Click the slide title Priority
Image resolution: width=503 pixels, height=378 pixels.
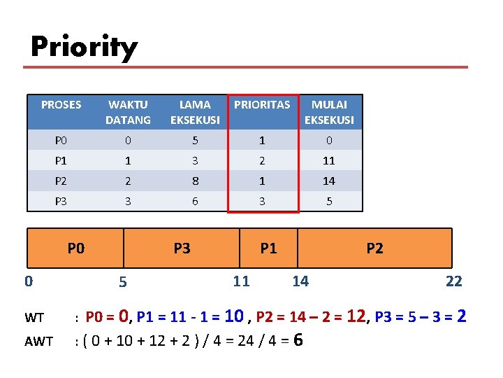click(x=84, y=48)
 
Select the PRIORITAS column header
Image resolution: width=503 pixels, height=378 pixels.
click(x=262, y=105)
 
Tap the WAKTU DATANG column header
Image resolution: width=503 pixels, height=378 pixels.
click(x=128, y=112)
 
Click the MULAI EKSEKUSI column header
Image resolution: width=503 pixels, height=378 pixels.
click(x=329, y=112)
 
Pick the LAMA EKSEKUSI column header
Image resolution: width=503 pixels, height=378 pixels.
click(x=195, y=112)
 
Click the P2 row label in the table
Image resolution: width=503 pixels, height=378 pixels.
click(x=61, y=181)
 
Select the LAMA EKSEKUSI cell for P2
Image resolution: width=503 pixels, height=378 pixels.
click(x=195, y=181)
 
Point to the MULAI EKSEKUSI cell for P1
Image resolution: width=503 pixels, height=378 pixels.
click(x=329, y=160)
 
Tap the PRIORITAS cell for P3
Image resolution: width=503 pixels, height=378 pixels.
click(x=262, y=201)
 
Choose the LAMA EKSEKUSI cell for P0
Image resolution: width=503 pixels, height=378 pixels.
click(x=195, y=140)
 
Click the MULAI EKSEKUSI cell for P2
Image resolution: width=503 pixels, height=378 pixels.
click(x=329, y=181)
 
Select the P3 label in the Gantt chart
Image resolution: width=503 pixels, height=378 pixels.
click(x=182, y=248)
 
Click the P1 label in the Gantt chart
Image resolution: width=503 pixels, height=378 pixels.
click(x=268, y=248)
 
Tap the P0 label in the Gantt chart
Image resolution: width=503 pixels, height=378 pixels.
click(x=76, y=248)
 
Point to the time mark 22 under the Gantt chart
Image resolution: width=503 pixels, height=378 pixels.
click(x=453, y=281)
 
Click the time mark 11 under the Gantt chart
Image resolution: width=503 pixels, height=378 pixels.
click(x=241, y=281)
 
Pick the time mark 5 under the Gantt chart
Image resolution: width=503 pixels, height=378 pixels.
click(x=122, y=283)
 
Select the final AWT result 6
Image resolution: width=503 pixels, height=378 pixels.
click(x=298, y=340)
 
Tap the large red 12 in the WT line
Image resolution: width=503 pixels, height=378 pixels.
click(x=356, y=316)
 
